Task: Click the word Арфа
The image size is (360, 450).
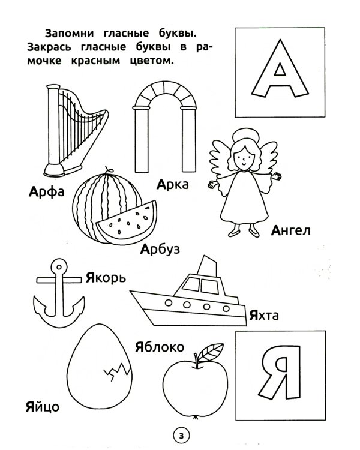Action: [47, 192]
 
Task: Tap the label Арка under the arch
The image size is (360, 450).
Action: [173, 184]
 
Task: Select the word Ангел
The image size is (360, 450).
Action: [290, 230]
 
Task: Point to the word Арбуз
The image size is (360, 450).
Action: [160, 249]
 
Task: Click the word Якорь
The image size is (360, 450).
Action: [106, 278]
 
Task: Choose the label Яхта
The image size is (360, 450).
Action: [264, 315]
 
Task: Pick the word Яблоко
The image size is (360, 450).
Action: [160, 347]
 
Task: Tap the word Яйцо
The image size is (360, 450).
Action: [43, 407]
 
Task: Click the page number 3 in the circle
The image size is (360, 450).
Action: [181, 436]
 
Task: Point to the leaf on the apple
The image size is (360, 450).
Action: [210, 352]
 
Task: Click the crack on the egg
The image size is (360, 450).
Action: [116, 371]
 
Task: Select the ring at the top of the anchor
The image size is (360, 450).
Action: [59, 267]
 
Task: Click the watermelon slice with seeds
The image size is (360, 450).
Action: [127, 222]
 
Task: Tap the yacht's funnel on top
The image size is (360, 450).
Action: [206, 266]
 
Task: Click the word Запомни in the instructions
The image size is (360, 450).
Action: [70, 33]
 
